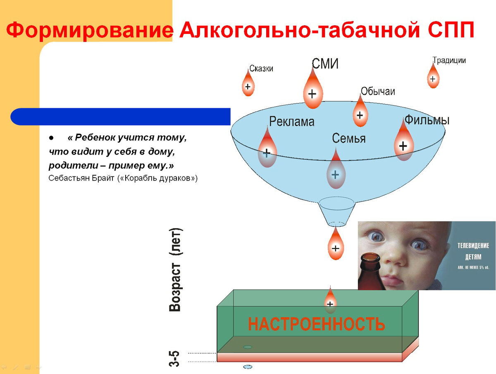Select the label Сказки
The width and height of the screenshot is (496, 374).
[x=261, y=69]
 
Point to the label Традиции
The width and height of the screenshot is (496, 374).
[x=449, y=60]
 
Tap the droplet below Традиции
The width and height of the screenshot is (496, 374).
[x=433, y=78]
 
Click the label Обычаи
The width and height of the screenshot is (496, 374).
[x=378, y=91]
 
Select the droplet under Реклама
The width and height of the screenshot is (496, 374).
[x=267, y=150]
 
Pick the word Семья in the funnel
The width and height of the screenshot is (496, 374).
[x=349, y=138]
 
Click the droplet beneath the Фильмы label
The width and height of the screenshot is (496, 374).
[x=403, y=143]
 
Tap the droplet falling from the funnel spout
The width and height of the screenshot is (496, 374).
[x=336, y=246]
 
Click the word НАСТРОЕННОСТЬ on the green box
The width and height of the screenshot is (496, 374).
[x=317, y=324]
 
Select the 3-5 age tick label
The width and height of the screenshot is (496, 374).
[x=175, y=358]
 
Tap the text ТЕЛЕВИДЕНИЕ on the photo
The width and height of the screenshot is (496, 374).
[x=473, y=245]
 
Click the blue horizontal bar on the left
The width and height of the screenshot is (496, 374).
[x=120, y=117]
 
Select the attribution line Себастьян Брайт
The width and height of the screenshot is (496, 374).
[x=123, y=178]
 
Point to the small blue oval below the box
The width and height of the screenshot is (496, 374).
[x=248, y=367]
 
